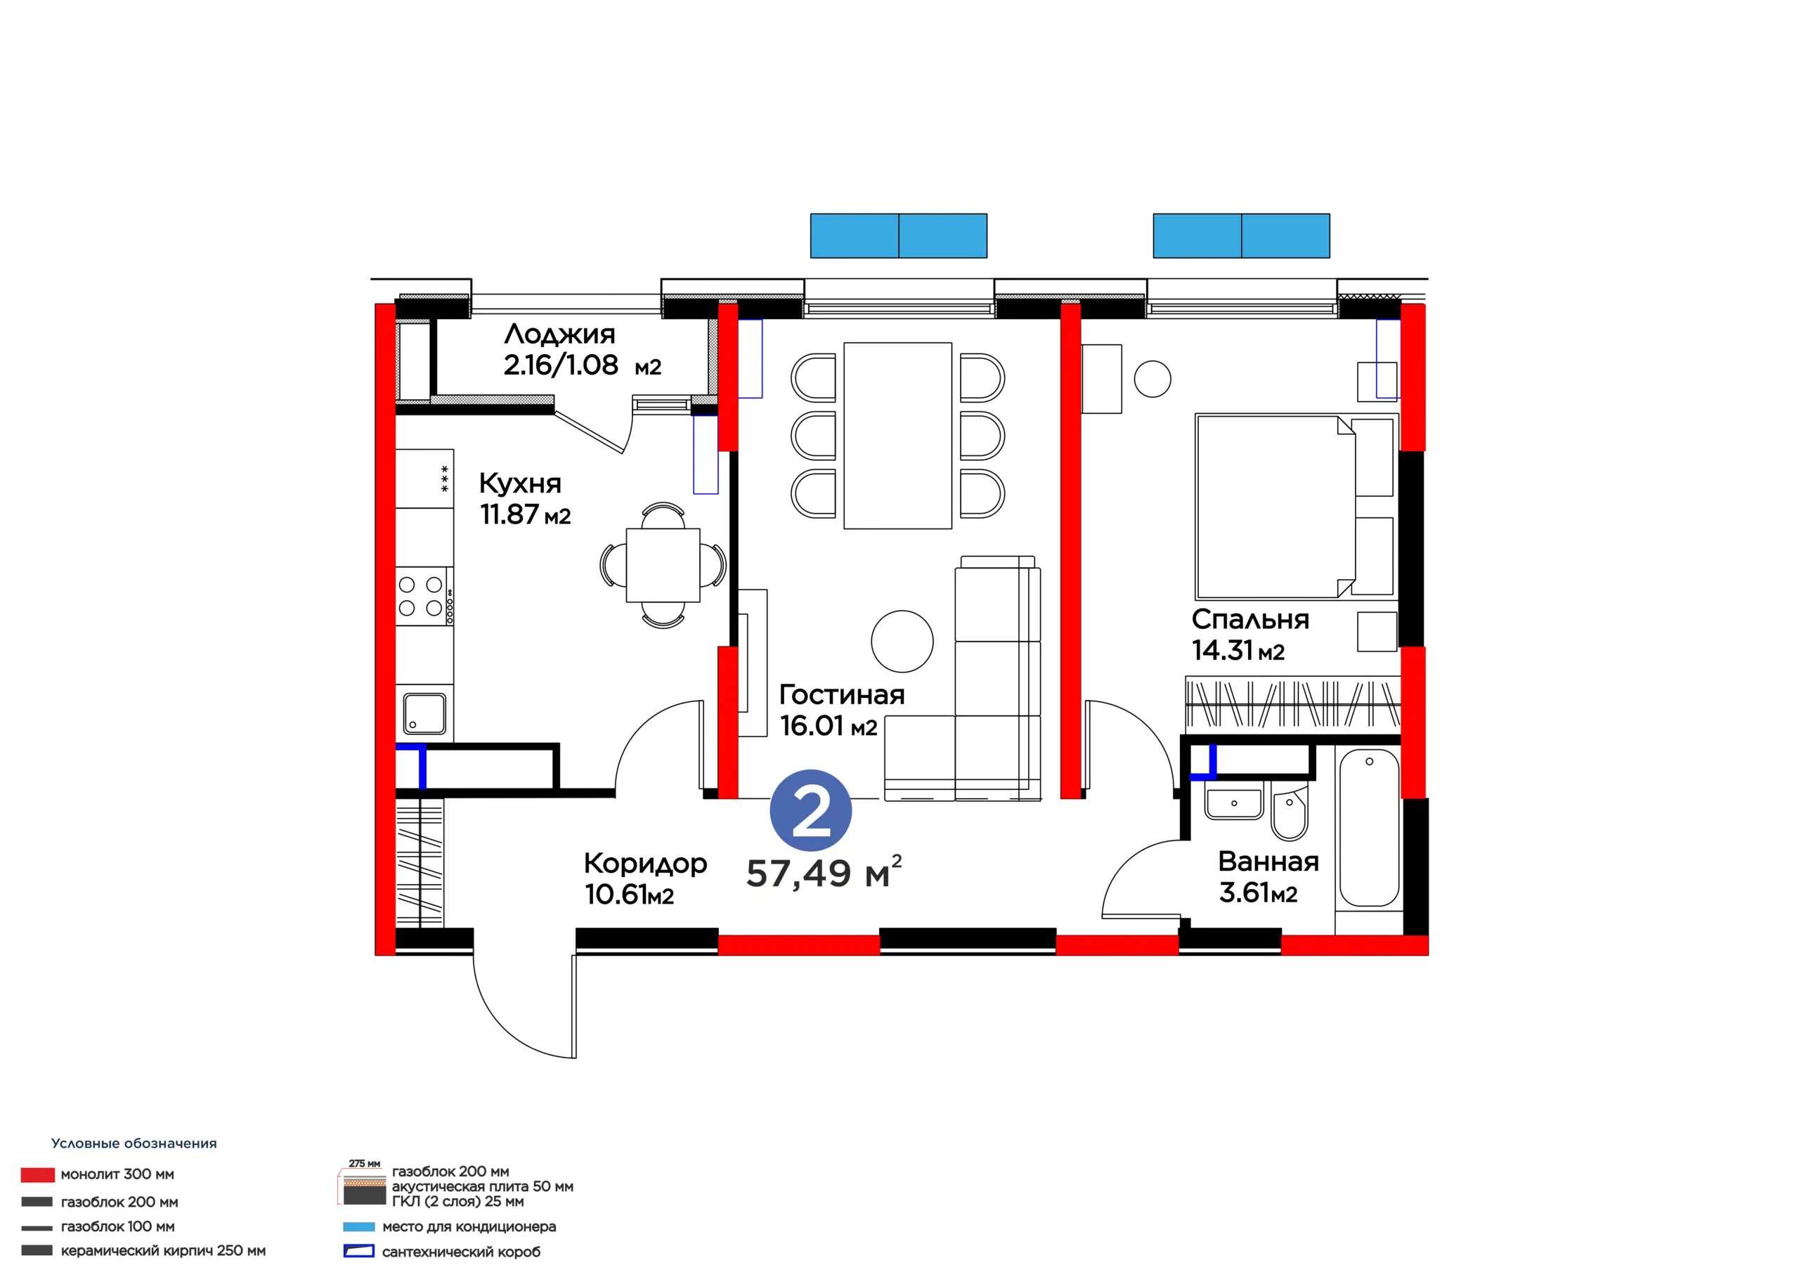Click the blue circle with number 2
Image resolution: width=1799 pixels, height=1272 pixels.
coord(810,811)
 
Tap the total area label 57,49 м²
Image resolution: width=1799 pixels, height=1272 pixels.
coord(824,873)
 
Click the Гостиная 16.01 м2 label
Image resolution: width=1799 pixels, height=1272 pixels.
coord(841,710)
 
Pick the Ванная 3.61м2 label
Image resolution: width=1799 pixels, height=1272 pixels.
coord(1268,877)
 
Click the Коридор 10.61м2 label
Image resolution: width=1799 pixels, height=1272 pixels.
coord(646,878)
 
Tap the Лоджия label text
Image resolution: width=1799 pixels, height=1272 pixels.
coord(559,335)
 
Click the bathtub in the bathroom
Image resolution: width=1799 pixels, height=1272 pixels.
coord(1369,828)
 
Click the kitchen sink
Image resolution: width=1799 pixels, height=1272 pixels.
coord(424,714)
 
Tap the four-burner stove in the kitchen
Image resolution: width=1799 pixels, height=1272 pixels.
coord(424,597)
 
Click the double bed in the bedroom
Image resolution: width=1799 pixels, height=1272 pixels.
coord(1294,507)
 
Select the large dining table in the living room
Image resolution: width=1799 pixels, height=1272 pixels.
coord(898,436)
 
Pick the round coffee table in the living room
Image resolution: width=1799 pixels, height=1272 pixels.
coord(902,641)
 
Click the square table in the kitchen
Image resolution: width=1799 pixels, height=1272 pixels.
coord(663,565)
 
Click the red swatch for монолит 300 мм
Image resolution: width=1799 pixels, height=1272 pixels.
coord(38,1174)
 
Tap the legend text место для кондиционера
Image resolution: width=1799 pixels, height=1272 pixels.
coord(469,1226)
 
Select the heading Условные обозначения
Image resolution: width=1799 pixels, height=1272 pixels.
coord(134,1143)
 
